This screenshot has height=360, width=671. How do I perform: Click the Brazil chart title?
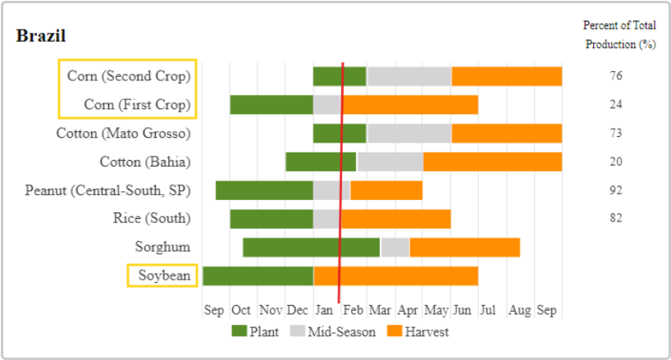tap(41, 36)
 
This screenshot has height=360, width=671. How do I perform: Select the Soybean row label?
tap(164, 276)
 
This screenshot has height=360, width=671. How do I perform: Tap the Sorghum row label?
tap(162, 247)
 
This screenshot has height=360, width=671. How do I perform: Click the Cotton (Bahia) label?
tap(144, 162)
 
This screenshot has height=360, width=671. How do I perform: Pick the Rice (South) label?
tap(152, 218)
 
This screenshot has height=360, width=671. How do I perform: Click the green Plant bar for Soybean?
tap(258, 276)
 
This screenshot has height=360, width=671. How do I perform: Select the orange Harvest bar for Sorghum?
tap(464, 247)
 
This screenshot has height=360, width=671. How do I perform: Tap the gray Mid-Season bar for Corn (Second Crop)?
tap(409, 76)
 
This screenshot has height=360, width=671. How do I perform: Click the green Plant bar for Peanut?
tap(264, 190)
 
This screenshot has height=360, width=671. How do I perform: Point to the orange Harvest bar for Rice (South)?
tap(395, 218)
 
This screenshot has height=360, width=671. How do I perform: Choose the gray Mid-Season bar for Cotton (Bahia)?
tap(390, 162)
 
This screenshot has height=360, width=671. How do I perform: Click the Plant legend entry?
tap(254, 332)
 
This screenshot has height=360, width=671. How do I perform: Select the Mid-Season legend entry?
tap(333, 332)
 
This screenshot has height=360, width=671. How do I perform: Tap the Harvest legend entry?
tap(418, 332)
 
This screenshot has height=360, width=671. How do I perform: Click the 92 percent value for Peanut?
tap(616, 190)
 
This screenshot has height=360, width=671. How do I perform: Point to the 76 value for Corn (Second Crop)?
tap(616, 76)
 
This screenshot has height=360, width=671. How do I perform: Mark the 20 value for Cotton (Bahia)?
tap(616, 162)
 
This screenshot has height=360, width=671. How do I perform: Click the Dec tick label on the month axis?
tap(299, 311)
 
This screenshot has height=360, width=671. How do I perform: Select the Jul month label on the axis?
tap(488, 311)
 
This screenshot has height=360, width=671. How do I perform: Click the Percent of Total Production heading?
tap(619, 34)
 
